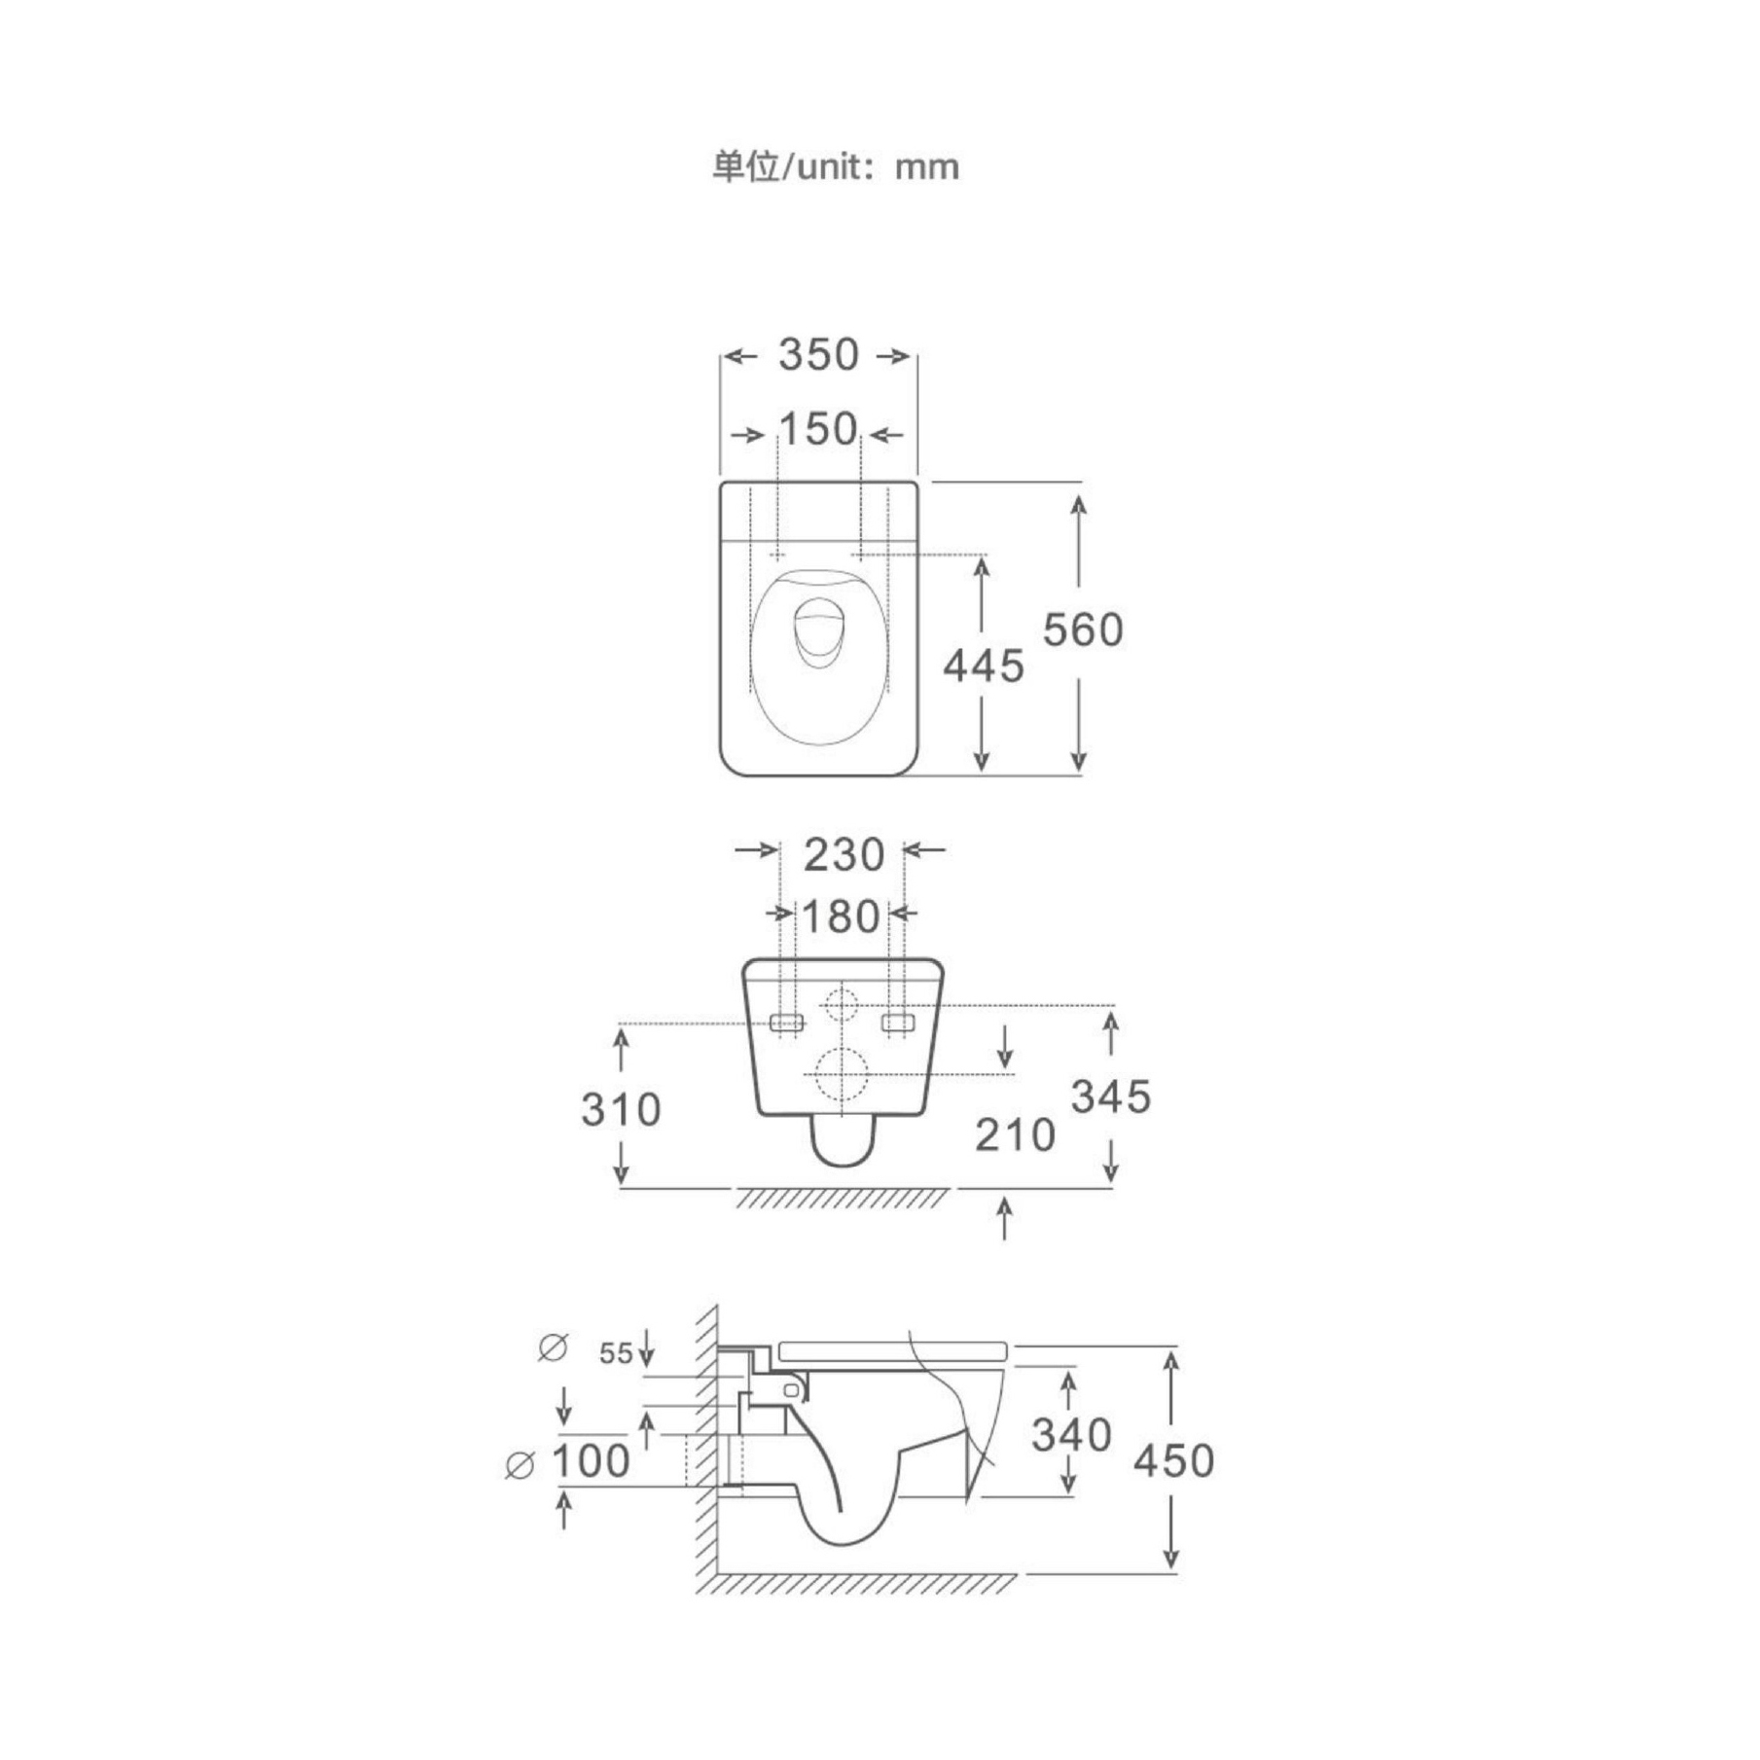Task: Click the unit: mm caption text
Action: (x=836, y=167)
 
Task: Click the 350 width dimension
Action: (x=818, y=355)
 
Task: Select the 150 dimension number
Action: (x=818, y=430)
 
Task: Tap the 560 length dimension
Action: (x=1083, y=629)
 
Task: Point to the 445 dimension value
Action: (x=984, y=666)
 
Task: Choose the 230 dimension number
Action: (x=844, y=855)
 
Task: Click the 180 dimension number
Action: (x=841, y=916)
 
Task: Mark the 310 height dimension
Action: (x=621, y=1109)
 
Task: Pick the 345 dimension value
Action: (x=1111, y=1096)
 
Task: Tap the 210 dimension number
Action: (x=1015, y=1134)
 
